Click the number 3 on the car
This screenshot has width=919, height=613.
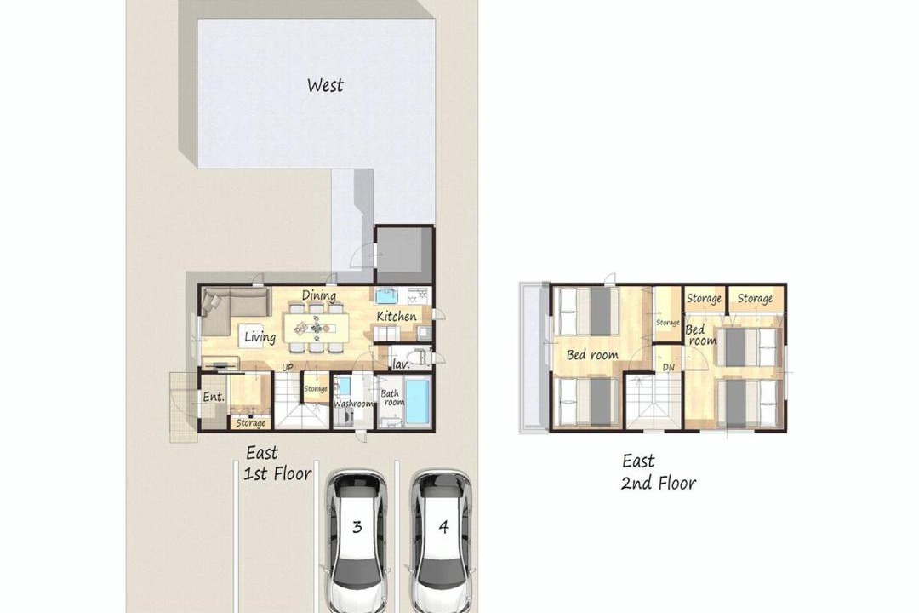[357, 527]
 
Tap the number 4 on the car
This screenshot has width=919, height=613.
[443, 527]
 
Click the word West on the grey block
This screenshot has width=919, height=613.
[325, 86]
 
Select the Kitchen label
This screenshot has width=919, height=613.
[397, 316]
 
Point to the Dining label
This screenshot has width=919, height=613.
[319, 295]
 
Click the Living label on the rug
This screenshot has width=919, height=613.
[260, 336]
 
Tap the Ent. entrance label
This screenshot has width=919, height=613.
[214, 397]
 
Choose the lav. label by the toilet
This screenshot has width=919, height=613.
[401, 364]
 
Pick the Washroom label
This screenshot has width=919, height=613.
[353, 404]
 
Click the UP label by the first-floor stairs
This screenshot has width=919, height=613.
[288, 368]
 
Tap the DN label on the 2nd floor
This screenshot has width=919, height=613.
[669, 367]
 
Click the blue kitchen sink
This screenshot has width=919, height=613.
[386, 295]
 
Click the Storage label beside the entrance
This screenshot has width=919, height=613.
[250, 423]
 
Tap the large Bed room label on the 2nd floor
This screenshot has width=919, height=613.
[592, 355]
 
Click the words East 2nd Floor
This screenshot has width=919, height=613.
[658, 473]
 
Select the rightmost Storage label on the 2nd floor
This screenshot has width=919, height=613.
[755, 299]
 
